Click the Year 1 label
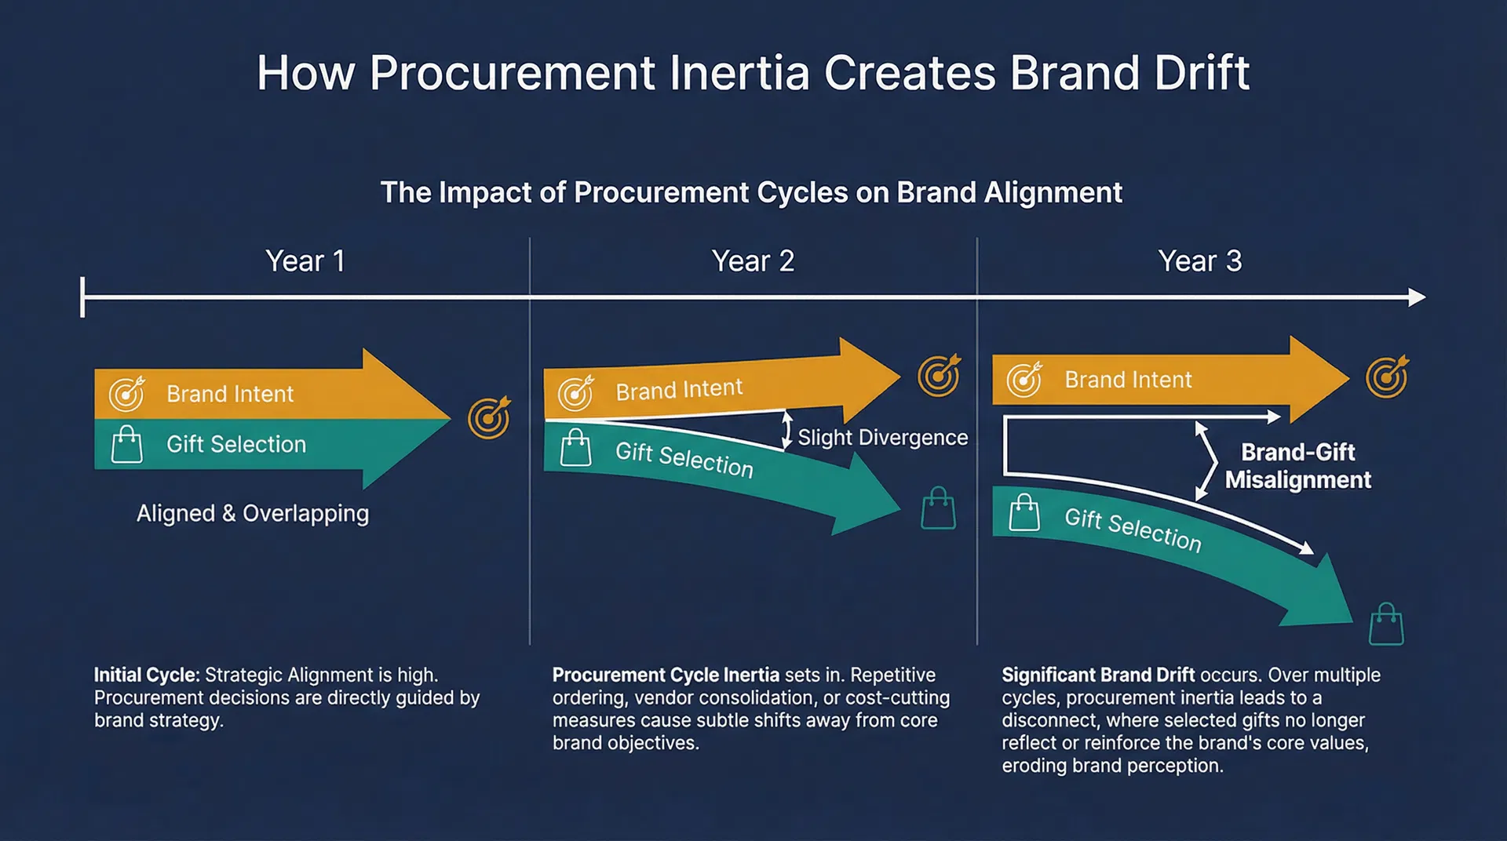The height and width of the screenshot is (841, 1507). tap(305, 261)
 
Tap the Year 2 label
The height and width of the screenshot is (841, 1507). tap(753, 261)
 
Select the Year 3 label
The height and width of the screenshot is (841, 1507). tap(1200, 261)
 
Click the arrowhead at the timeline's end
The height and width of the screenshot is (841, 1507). tap(1417, 297)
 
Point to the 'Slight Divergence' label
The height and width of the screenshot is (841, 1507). tap(882, 438)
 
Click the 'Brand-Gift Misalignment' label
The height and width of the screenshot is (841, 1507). tap(1297, 466)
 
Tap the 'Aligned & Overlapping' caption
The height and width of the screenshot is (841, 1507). tap(253, 514)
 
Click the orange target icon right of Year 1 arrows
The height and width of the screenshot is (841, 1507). tap(489, 417)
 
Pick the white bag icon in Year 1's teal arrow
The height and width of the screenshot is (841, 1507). tap(126, 445)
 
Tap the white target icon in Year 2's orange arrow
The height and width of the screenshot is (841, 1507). tap(576, 393)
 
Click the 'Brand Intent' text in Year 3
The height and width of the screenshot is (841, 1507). tap(1128, 380)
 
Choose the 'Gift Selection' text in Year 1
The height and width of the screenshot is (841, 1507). tap(236, 445)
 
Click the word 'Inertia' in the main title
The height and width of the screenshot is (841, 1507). tap(739, 74)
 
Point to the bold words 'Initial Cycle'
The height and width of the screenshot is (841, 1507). tap(146, 675)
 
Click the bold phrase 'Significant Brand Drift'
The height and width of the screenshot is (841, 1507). tap(1097, 675)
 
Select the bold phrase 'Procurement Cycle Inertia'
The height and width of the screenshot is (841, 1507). tap(666, 675)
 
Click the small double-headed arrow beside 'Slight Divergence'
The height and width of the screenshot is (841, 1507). tap(786, 431)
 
